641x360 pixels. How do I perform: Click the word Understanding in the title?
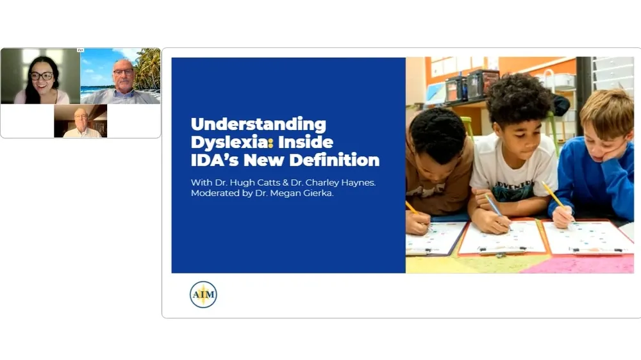coord(258,124)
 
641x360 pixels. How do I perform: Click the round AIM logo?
coord(203,295)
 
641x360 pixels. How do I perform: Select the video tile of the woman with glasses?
coord(41,76)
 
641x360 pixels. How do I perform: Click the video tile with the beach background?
coord(121,76)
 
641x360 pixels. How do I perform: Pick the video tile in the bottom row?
coord(80,121)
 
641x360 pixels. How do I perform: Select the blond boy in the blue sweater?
coord(594,160)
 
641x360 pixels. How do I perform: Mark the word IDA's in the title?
coord(219,160)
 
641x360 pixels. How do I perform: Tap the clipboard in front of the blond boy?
coord(587,238)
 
